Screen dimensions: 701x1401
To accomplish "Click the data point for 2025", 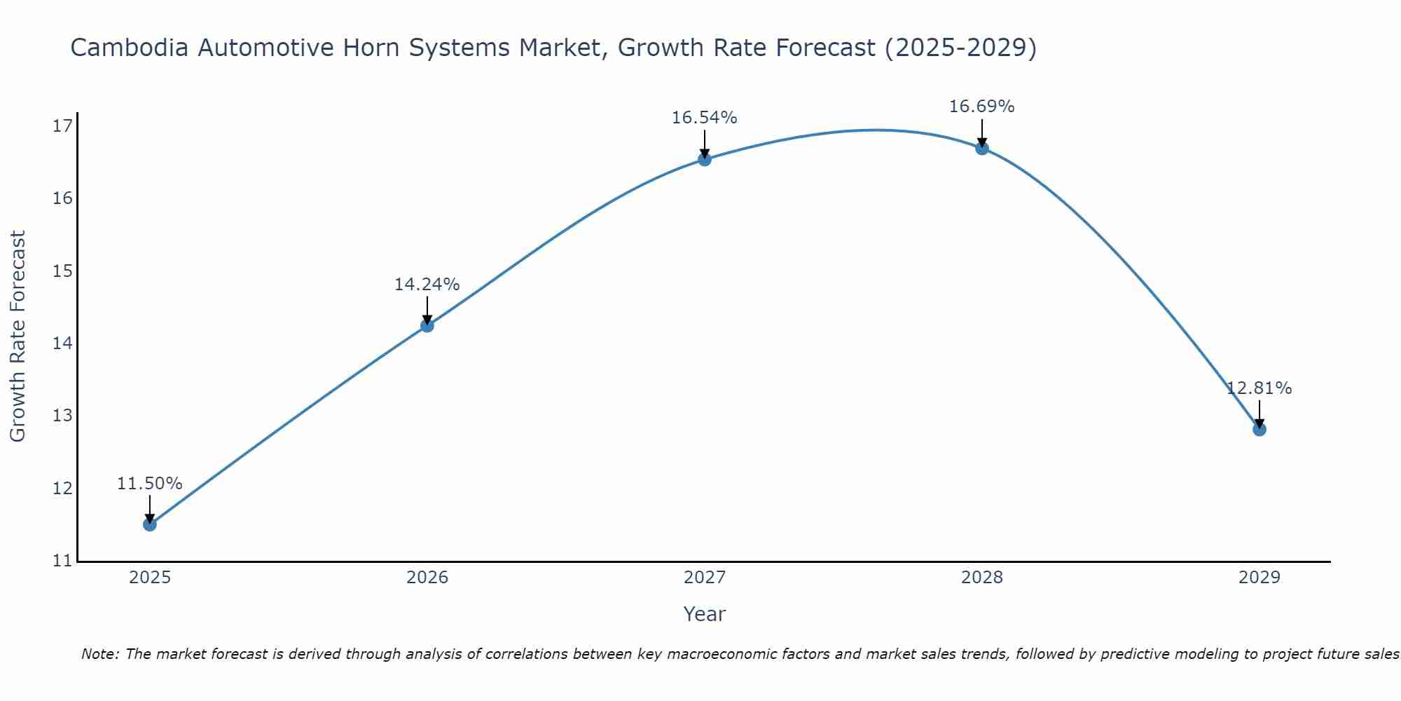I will coord(149,524).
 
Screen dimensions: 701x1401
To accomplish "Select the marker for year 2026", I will coord(427,325).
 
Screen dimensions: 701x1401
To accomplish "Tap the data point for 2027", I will coord(705,159).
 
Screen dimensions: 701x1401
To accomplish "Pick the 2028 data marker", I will coord(982,148).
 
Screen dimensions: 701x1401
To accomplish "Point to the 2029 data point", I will coord(1259,429).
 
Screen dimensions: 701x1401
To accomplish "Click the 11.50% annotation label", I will coord(149,484).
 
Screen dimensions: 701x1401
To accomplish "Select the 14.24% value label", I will coord(427,285).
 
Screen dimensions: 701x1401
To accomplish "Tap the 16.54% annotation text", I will coord(705,118).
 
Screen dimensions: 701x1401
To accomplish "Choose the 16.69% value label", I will coord(982,107).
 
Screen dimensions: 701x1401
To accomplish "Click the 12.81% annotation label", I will coord(1259,388).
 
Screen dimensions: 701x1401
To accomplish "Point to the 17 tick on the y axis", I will coord(63,126).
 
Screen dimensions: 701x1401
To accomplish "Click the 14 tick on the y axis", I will coord(63,343).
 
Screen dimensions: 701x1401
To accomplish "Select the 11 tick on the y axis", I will coord(63,561).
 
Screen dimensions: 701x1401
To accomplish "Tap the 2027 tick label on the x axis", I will coord(705,578).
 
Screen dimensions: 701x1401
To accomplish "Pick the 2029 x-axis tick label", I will coord(1259,578).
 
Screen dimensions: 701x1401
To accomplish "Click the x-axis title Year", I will coord(705,614).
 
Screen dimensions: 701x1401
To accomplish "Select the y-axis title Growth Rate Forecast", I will coord(18,336).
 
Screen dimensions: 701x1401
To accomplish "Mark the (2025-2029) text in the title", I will coord(960,48).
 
